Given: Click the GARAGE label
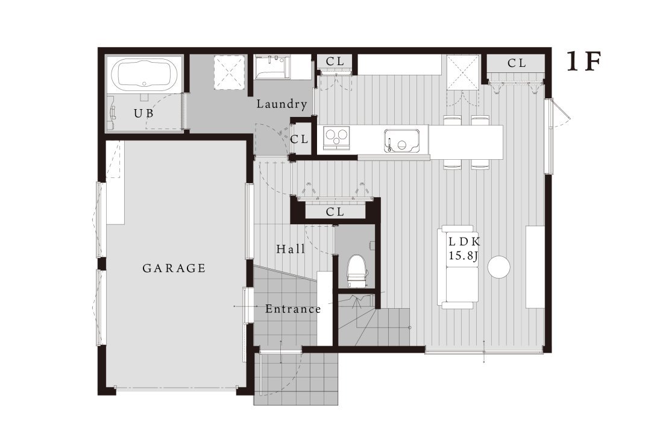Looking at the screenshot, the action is (174, 268).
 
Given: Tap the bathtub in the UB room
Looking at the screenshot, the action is (145, 74).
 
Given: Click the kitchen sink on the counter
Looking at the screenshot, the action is (403, 140).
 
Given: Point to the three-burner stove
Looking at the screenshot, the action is (337, 137).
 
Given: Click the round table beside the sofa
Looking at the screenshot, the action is (499, 267).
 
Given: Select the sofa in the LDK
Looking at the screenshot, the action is (458, 267).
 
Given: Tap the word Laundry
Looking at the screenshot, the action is (281, 104).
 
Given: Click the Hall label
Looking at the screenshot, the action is (291, 248).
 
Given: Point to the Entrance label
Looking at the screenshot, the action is (293, 309).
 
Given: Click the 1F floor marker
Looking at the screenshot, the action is (584, 62).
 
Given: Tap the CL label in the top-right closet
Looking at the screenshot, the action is (517, 63).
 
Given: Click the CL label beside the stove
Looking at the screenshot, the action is (300, 139).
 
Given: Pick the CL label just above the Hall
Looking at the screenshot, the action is (335, 212).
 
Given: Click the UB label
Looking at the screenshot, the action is (144, 113).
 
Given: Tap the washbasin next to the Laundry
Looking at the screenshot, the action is (272, 68).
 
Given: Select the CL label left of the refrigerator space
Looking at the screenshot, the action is (335, 62).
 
